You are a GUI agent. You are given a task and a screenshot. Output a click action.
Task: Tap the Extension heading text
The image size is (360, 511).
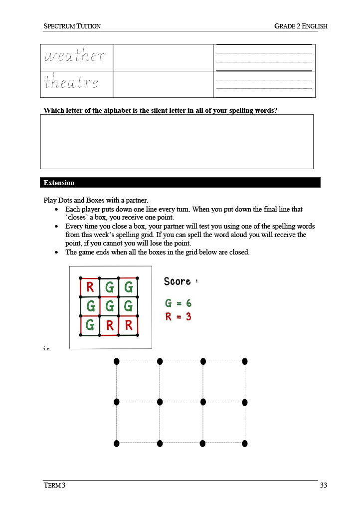point(59,183)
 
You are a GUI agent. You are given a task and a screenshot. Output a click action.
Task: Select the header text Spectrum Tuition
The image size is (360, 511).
point(72,26)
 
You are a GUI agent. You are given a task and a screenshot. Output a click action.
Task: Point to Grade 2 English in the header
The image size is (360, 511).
point(301,26)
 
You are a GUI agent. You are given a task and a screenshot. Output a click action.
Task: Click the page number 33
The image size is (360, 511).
point(323,485)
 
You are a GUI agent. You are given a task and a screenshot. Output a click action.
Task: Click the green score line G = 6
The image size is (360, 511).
point(179,303)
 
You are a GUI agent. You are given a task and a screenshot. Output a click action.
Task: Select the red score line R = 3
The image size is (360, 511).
point(179,316)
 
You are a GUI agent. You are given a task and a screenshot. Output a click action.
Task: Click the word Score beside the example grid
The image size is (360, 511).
point(178,281)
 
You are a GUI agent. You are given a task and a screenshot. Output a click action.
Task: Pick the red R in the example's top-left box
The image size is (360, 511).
point(90,287)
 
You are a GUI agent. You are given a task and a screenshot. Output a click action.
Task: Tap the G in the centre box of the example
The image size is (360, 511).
point(109,306)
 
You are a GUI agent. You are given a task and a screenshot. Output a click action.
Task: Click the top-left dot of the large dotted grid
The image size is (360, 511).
point(117,361)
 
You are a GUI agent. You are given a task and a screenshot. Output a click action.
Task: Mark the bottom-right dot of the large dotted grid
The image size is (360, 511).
point(245,443)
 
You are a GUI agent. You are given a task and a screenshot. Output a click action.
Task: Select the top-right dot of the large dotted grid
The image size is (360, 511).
point(245,361)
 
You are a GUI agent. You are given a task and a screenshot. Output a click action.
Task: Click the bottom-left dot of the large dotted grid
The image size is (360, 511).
point(117,443)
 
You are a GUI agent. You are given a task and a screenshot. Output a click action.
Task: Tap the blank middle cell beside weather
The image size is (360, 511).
point(163,57)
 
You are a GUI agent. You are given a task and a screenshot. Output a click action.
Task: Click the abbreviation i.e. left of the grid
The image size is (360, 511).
point(47,348)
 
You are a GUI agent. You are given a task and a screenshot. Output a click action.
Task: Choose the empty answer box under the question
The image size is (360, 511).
point(177,142)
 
